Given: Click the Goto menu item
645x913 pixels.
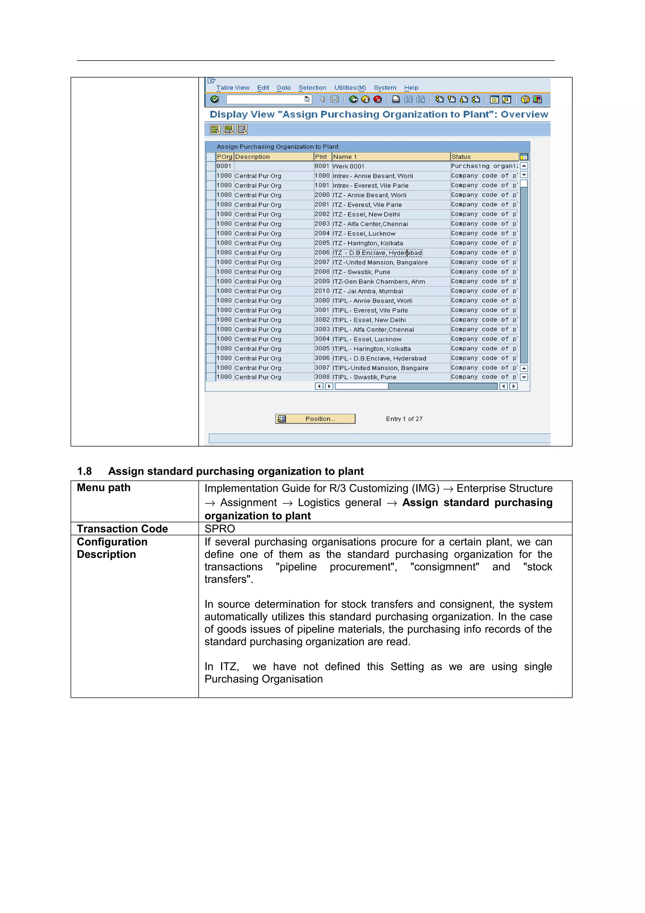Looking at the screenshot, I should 283,88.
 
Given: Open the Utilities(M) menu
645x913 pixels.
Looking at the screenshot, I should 350,88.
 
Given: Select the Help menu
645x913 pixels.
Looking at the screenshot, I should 411,88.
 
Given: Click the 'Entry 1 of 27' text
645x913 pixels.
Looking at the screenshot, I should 404,419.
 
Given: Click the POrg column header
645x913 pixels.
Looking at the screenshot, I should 224,157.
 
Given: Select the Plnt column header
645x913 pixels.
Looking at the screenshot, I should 321,157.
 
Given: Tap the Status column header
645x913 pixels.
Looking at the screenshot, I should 461,157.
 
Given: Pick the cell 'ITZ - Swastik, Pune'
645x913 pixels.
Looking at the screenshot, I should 361,272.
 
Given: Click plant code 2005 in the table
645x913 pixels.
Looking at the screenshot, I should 322,243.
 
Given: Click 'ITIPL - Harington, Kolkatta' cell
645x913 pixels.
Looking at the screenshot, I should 372,349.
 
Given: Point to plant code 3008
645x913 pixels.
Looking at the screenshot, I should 322,377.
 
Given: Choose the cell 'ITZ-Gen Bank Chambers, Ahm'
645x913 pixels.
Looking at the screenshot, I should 379,282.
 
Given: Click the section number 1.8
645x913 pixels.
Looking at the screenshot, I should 84,471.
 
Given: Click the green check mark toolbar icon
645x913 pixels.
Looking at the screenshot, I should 214,100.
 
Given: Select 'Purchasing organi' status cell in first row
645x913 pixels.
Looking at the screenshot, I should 484,166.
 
